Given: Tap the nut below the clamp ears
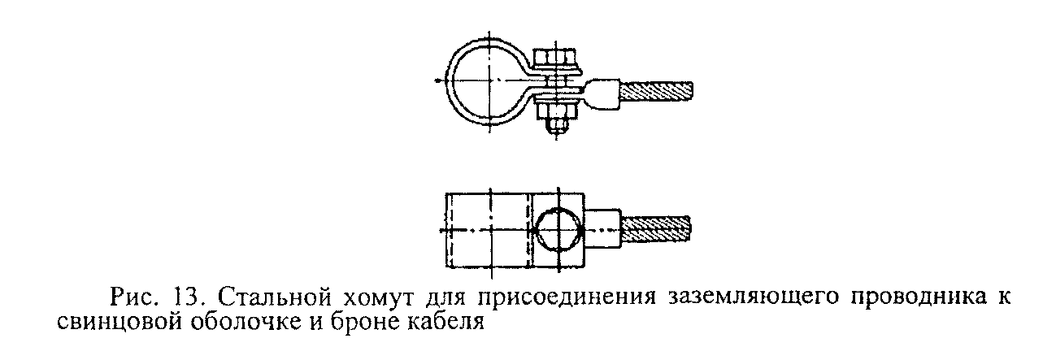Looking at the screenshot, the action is pyautogui.click(x=556, y=111).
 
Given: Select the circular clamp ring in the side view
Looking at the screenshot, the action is pyautogui.click(x=485, y=81).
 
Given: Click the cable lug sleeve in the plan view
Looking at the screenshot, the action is pyautogui.click(x=603, y=228).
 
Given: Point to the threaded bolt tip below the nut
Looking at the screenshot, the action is pyautogui.click(x=556, y=126).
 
